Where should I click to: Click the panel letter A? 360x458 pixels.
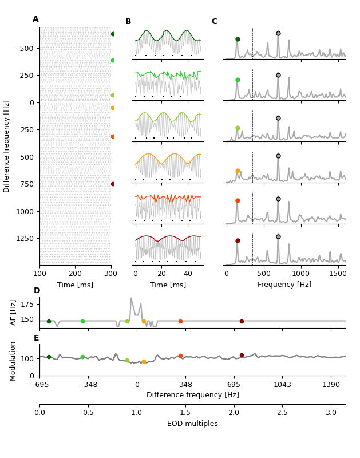35,19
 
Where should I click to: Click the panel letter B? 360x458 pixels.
128,22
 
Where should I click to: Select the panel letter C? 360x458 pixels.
214,22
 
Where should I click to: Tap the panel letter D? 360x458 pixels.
37,291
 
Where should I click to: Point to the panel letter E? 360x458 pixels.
36,338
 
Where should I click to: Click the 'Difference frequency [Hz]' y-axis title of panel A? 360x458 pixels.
7,146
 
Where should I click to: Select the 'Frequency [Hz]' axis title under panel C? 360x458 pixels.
284,285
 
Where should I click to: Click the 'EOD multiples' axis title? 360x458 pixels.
192,424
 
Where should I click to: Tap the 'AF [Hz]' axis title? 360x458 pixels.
14,313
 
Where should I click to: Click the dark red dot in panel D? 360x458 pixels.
242,321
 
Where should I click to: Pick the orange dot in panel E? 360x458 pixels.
144,362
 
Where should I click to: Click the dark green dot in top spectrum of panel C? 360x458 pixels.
238,39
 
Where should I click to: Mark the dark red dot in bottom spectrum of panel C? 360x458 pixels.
238,240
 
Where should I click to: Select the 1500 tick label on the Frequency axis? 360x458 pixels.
338,274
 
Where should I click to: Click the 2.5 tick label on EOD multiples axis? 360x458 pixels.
282,413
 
